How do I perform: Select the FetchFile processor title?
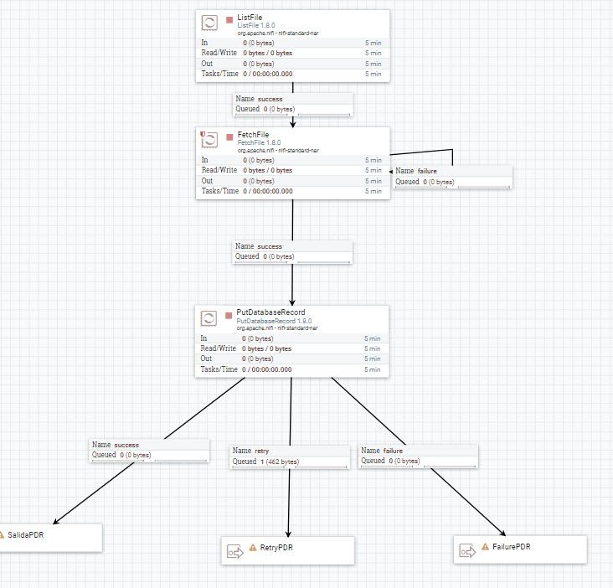click(x=254, y=134)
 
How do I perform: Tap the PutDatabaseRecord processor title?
click(x=270, y=312)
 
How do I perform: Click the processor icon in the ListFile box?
click(x=210, y=23)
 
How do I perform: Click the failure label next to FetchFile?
click(x=426, y=171)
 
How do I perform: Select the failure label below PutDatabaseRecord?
click(x=392, y=451)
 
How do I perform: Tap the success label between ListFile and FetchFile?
click(x=270, y=99)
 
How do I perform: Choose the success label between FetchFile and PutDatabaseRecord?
click(x=270, y=246)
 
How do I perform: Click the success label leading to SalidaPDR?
click(x=126, y=445)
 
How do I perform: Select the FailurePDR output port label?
click(x=511, y=547)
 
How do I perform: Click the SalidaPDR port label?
click(x=25, y=534)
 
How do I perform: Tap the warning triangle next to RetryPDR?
click(x=253, y=548)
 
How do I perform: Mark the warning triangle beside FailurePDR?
click(x=485, y=547)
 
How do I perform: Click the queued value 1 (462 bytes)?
click(x=279, y=462)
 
